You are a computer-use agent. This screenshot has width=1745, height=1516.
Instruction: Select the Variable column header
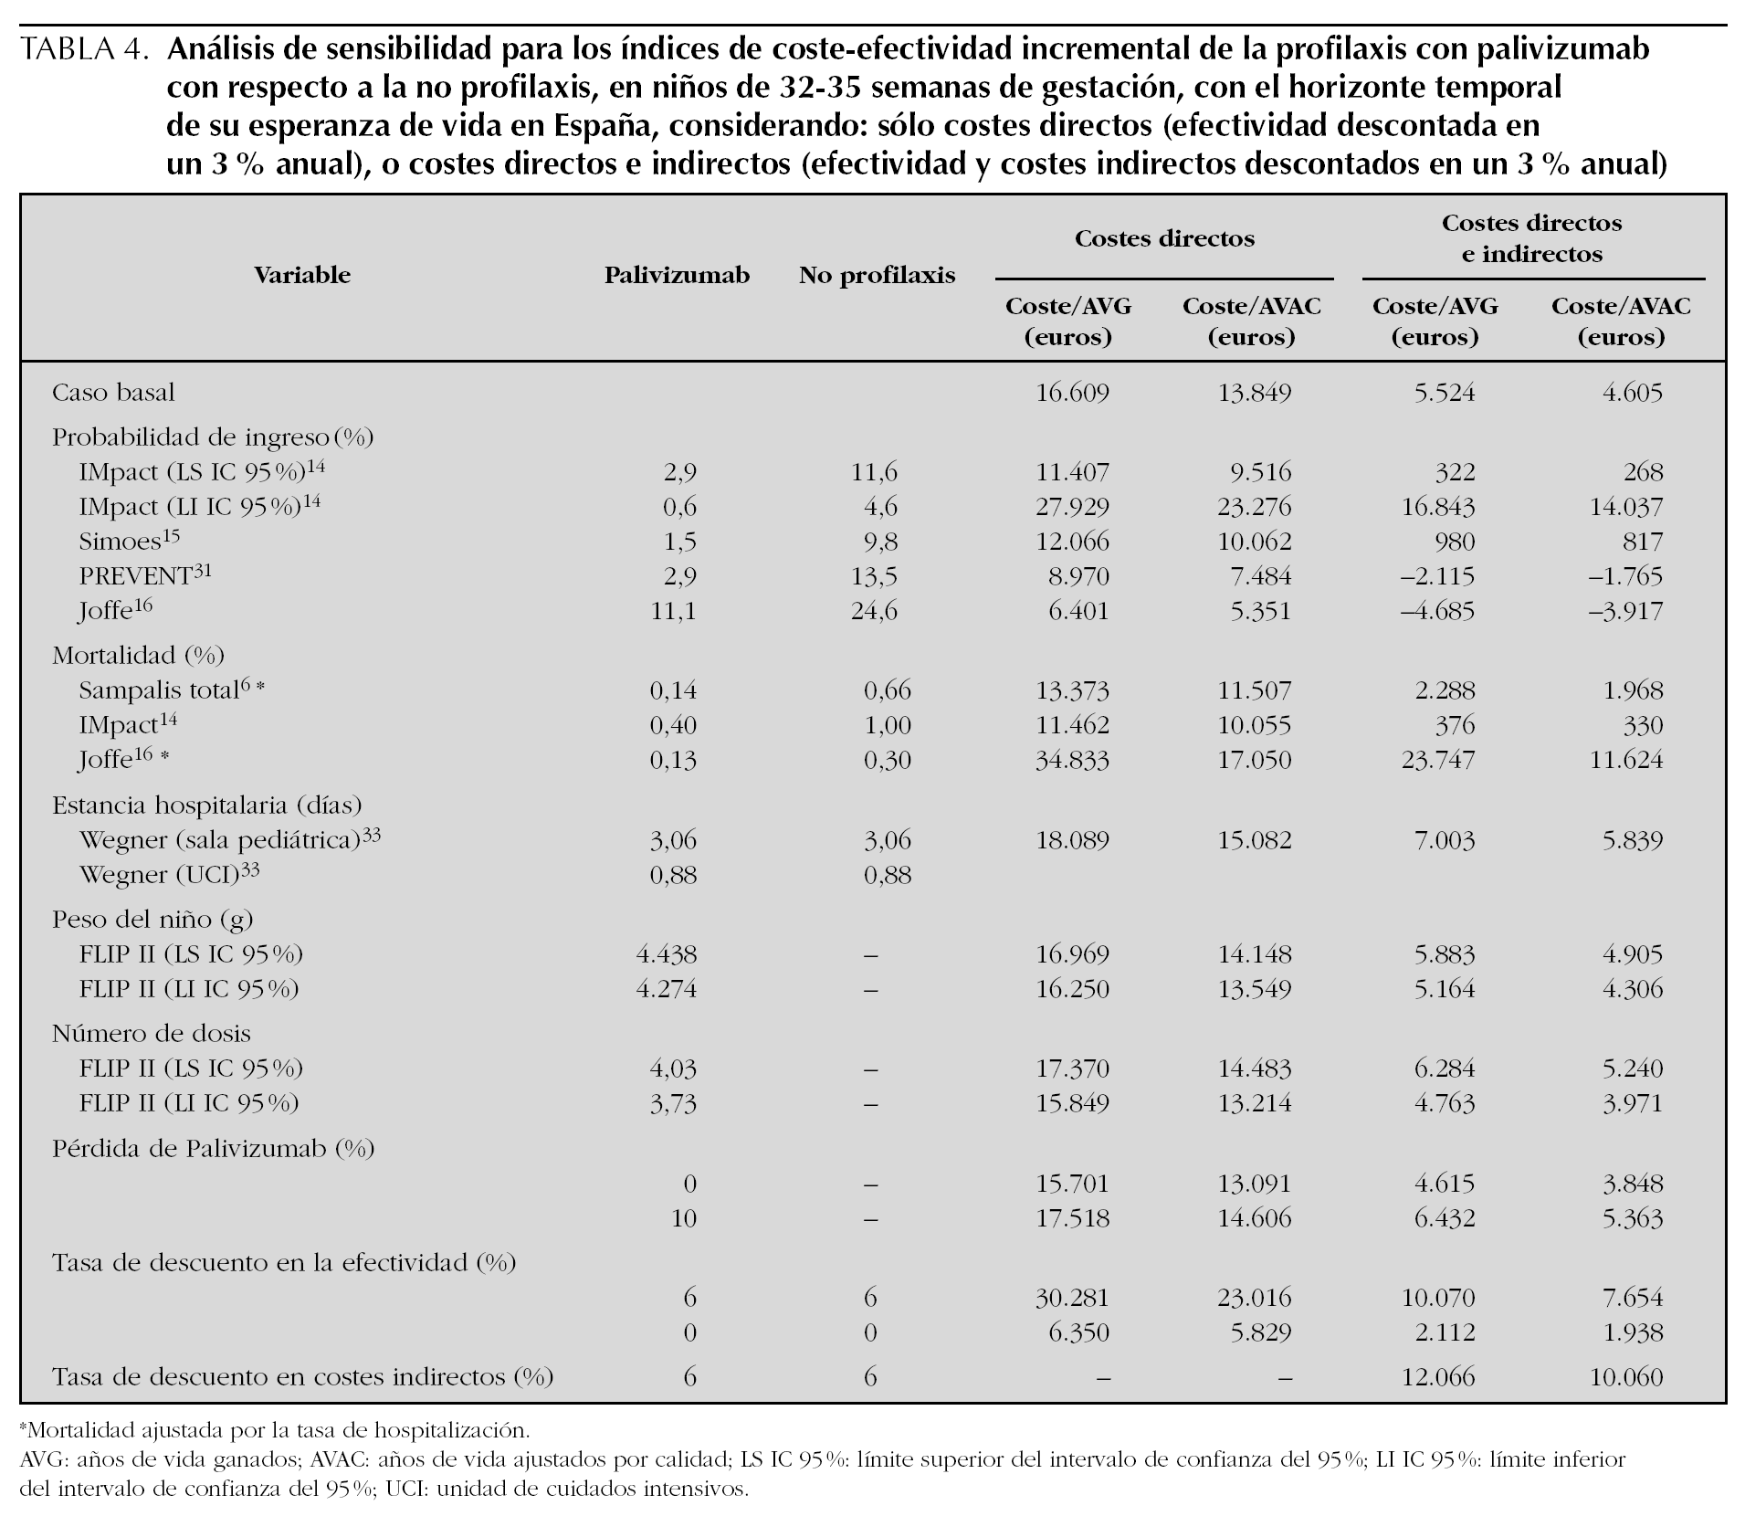pos(302,275)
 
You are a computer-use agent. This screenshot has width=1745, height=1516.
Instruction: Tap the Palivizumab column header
pos(677,275)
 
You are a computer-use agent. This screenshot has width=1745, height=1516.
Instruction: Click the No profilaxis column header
pos(877,275)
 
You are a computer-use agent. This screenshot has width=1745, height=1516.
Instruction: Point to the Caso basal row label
pos(113,393)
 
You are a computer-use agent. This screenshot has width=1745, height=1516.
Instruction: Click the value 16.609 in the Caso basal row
pos(1072,393)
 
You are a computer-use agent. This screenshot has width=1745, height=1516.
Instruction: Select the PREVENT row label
pos(146,576)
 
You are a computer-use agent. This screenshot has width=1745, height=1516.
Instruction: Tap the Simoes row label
pos(128,542)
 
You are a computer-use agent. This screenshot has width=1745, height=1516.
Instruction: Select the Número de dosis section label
pos(151,1033)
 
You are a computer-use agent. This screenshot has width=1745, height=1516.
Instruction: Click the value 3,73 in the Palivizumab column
pos(673,1103)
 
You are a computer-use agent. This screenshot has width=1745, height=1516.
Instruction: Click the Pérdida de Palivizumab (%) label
pos(213,1148)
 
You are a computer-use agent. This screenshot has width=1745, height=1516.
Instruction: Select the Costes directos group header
pos(1164,239)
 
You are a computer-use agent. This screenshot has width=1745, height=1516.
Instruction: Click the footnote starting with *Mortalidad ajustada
pos(274,1429)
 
